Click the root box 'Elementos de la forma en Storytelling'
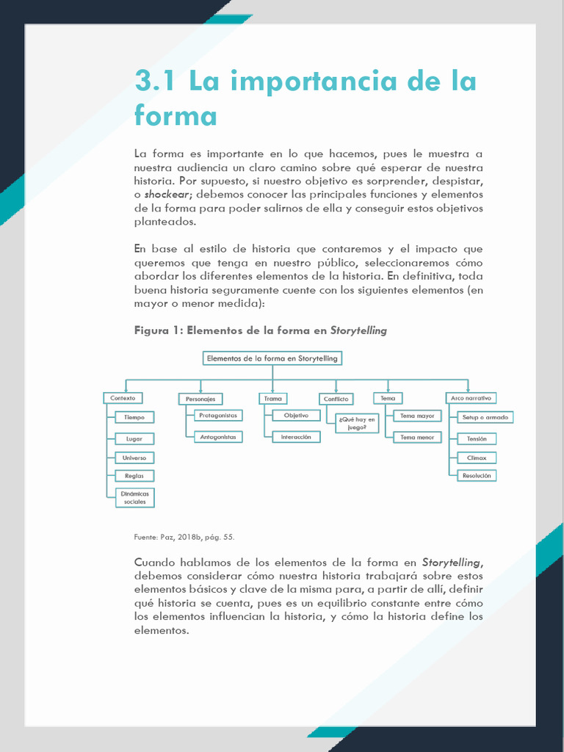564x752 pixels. [x=272, y=358]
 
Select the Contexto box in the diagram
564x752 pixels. [x=123, y=398]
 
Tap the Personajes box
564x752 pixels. [x=200, y=399]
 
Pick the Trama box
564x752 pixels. [x=273, y=398]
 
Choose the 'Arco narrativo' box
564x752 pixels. [x=471, y=398]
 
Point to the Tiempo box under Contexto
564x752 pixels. [x=134, y=417]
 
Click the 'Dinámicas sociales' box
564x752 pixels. [x=135, y=498]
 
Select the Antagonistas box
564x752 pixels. [x=218, y=437]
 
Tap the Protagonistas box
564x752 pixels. [x=218, y=415]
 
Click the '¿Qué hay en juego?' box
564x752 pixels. [x=357, y=423]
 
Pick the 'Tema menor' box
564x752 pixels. [x=417, y=437]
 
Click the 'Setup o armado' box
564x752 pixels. [x=485, y=417]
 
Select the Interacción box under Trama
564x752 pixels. [x=297, y=437]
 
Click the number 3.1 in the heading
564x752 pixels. [x=156, y=81]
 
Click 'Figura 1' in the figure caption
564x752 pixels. [x=157, y=330]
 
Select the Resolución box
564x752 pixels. [x=477, y=476]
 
